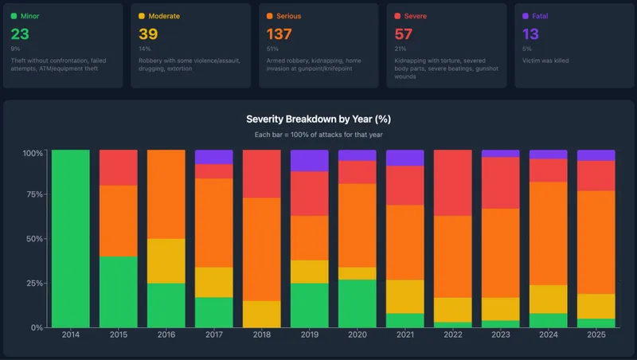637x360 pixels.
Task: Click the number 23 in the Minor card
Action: pos(20,34)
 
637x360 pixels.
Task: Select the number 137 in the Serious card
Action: pos(279,34)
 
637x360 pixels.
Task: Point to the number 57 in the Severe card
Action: pos(404,34)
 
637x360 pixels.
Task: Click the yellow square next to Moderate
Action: pos(142,16)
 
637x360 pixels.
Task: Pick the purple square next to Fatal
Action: pos(525,16)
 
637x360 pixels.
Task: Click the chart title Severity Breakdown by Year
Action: pos(318,119)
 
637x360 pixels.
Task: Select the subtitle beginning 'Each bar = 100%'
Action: pos(318,135)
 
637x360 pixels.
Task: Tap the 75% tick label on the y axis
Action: pos(33,194)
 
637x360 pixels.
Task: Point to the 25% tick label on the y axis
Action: pos(33,284)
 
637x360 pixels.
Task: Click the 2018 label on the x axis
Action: pos(261,335)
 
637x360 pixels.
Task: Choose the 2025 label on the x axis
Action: pos(596,335)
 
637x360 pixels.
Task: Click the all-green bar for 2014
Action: pos(71,239)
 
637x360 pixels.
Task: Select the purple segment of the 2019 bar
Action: pos(309,160)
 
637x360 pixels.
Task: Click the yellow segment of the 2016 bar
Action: pos(166,260)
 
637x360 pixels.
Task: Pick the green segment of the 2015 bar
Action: pos(119,292)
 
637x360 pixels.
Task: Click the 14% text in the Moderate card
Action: pos(143,49)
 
